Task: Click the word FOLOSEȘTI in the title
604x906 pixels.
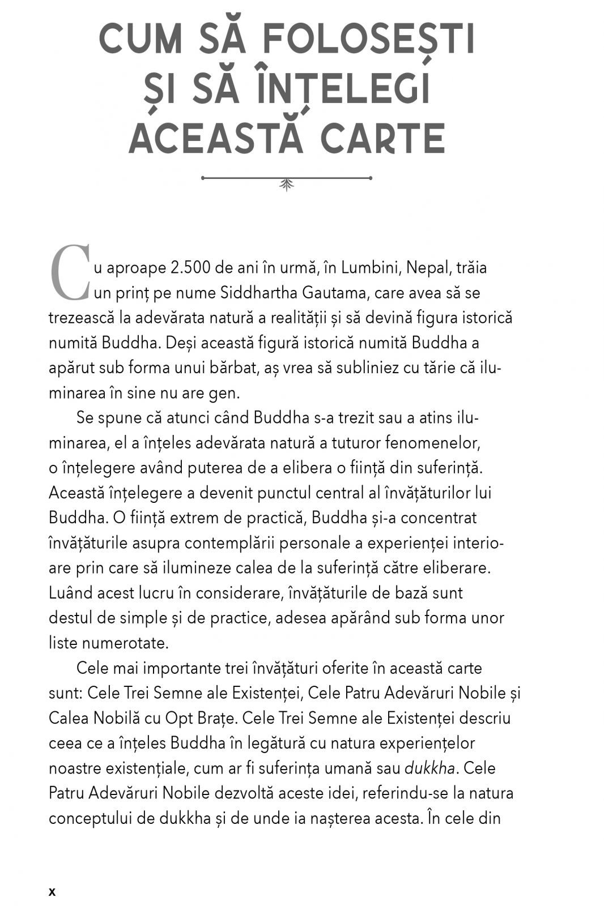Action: click(x=369, y=40)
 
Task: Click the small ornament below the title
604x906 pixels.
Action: click(x=287, y=181)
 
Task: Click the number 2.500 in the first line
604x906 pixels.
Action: click(x=194, y=268)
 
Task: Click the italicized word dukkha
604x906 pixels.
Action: click(x=430, y=768)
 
